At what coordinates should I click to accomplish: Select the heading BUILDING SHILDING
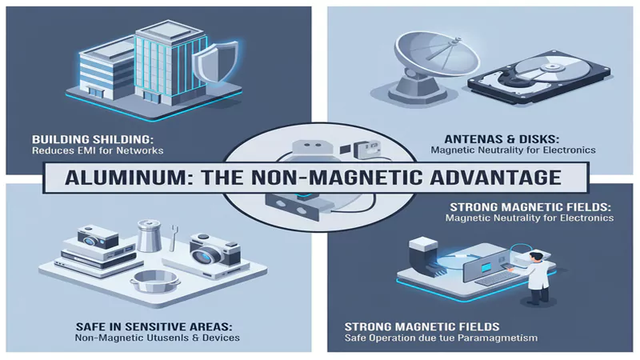click(93, 139)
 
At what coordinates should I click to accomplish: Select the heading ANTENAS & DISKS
click(502, 139)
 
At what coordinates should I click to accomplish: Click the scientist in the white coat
click(537, 278)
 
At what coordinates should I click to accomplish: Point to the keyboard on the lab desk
click(496, 278)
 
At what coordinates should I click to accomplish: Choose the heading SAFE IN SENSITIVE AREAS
click(154, 327)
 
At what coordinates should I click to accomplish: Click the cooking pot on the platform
click(154, 282)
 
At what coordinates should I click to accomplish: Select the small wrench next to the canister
click(173, 237)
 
